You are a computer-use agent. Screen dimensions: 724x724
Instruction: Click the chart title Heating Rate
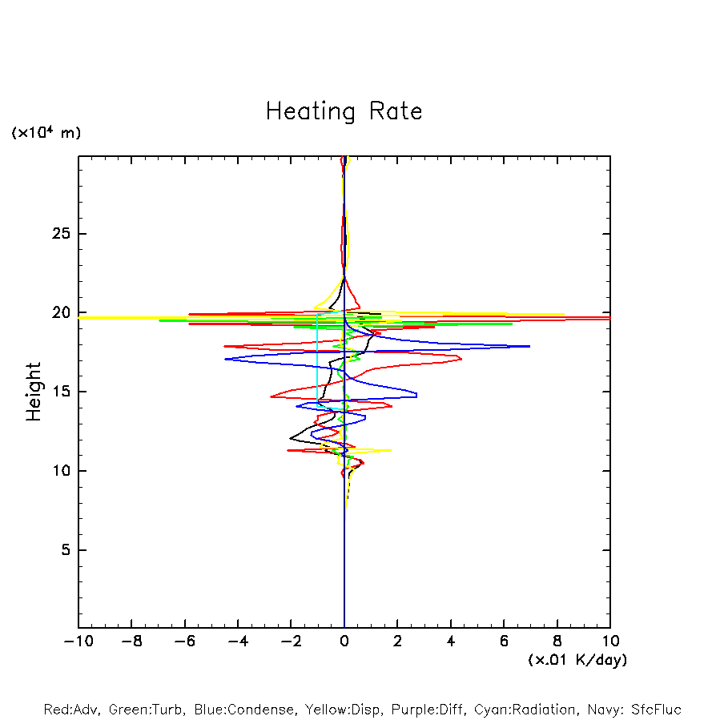tap(344, 111)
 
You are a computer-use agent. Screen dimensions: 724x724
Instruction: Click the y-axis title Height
tap(34, 392)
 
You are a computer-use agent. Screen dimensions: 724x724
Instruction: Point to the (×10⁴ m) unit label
tap(46, 133)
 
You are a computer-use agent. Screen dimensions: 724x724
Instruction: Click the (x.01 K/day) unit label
tap(577, 660)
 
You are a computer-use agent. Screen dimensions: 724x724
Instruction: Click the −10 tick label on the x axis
tap(77, 642)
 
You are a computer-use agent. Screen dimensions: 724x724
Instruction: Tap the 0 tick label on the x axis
tap(344, 642)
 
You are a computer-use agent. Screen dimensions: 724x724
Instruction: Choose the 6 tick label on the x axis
tap(504, 642)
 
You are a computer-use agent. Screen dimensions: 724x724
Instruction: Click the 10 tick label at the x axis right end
tap(610, 642)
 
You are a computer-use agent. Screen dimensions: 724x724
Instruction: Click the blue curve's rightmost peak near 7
tap(529, 346)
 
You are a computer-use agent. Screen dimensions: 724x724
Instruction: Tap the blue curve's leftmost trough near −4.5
tap(226, 359)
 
